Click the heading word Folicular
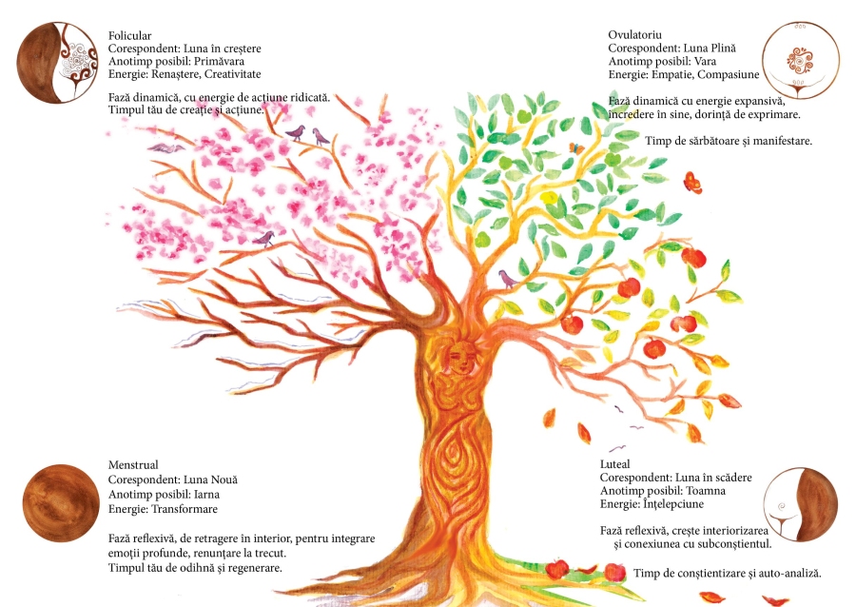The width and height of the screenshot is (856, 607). pyautogui.click(x=130, y=35)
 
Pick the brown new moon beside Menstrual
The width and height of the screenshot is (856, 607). pyautogui.click(x=60, y=502)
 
